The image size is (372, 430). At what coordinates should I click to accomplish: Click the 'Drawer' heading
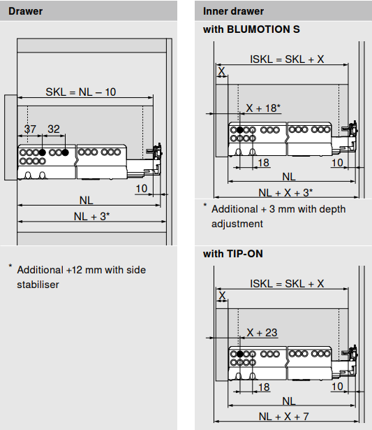tap(25, 11)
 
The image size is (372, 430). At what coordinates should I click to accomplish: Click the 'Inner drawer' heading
tap(234, 11)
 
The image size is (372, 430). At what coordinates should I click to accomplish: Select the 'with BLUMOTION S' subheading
tap(251, 29)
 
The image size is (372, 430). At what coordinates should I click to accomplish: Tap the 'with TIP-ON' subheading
tap(233, 254)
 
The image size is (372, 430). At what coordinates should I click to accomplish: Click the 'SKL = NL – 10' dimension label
tap(81, 92)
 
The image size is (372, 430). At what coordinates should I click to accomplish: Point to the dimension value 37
tap(30, 129)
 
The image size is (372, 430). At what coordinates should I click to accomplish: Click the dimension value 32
tap(54, 129)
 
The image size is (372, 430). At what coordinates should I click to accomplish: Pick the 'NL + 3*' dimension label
tap(91, 216)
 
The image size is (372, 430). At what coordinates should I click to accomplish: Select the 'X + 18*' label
tap(263, 108)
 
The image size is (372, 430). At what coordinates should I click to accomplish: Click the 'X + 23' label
tap(262, 333)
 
